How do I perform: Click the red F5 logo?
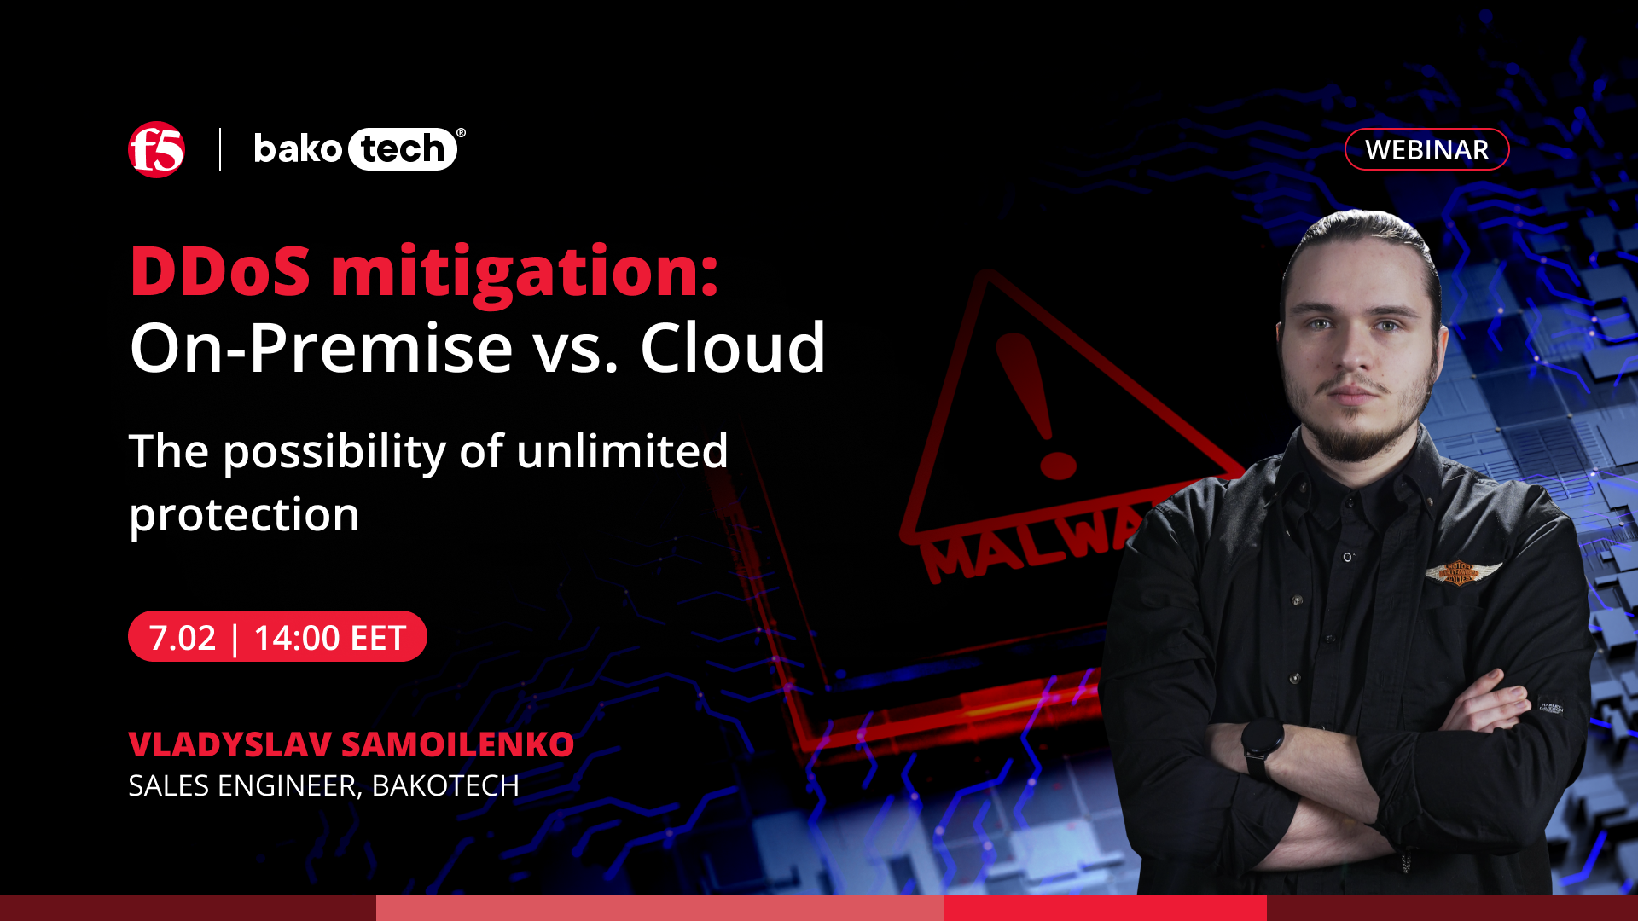(156, 149)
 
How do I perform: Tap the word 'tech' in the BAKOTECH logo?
(402, 149)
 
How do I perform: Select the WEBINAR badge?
(1426, 149)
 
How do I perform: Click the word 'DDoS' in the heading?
(220, 271)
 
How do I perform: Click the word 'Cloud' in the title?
(733, 348)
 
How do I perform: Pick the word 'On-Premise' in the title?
(322, 348)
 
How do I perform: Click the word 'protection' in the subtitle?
(244, 516)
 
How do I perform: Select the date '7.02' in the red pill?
(183, 638)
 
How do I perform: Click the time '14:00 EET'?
(329, 638)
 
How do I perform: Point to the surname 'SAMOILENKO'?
(458, 744)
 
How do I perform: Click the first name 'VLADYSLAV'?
(229, 744)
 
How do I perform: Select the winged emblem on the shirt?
(1462, 572)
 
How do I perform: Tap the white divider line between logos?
(220, 149)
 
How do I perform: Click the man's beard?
(1356, 422)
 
